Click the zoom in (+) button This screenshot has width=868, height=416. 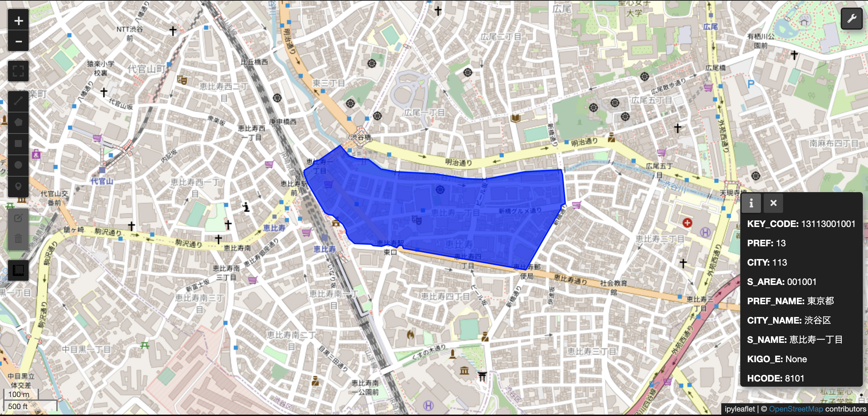19,21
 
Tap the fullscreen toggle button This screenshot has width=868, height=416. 19,71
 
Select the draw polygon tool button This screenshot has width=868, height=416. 19,122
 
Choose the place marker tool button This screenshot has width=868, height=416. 19,187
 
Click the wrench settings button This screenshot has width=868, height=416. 851,18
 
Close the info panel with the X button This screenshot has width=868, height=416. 773,203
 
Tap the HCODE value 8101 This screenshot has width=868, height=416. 794,378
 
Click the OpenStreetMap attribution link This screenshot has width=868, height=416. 796,409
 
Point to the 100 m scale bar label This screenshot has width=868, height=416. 19,394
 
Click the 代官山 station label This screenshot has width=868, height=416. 102,181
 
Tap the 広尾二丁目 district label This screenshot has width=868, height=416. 501,37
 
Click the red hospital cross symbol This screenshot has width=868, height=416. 687,223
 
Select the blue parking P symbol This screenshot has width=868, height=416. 751,84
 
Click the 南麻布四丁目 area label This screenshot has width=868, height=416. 833,143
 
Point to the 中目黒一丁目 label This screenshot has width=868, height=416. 86,349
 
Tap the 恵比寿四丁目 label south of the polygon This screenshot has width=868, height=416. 445,296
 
